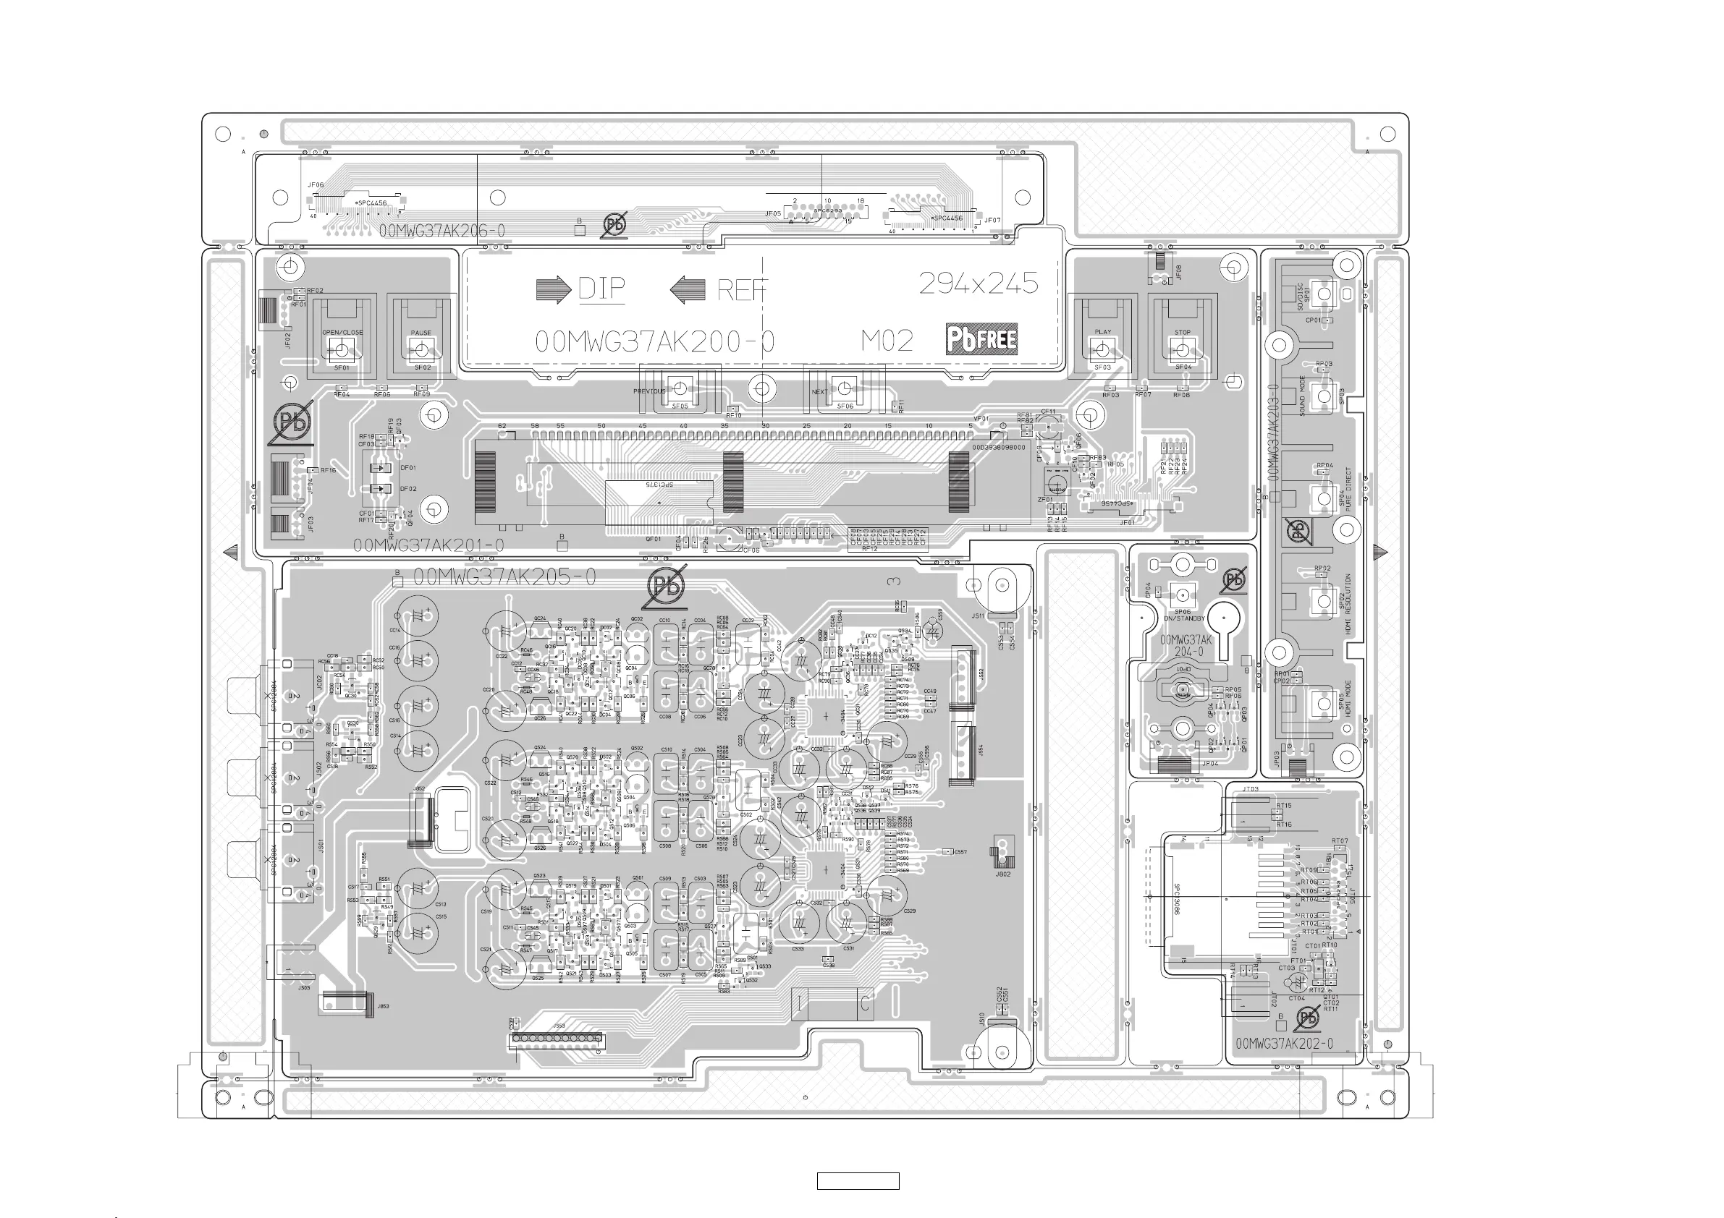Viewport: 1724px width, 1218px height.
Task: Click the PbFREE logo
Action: pos(981,339)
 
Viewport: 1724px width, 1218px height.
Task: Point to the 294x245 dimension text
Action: pos(979,283)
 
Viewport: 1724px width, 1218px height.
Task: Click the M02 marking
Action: pos(887,341)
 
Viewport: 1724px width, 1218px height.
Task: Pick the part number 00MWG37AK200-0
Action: pos(654,341)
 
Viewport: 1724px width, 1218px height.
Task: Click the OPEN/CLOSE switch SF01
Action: pos(342,349)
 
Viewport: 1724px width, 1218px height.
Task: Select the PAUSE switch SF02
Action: pos(421,349)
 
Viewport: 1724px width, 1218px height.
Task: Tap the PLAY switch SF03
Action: pos(1102,349)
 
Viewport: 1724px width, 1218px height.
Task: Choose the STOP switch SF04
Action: pos(1182,349)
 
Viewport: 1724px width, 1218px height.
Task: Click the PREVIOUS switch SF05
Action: pos(680,388)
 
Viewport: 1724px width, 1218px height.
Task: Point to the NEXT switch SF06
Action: pos(844,388)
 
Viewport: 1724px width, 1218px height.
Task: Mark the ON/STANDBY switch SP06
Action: pos(1182,595)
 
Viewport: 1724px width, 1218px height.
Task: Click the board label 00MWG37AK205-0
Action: pos(504,576)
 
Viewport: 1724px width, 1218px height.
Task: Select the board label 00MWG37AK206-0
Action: pos(441,231)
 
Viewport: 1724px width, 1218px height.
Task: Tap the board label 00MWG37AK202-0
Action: pos(1284,1044)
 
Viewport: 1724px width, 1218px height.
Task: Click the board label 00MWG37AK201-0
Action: pos(428,545)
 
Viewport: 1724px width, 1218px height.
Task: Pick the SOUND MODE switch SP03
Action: pos(1323,396)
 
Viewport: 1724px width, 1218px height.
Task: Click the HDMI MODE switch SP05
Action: pos(1322,703)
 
